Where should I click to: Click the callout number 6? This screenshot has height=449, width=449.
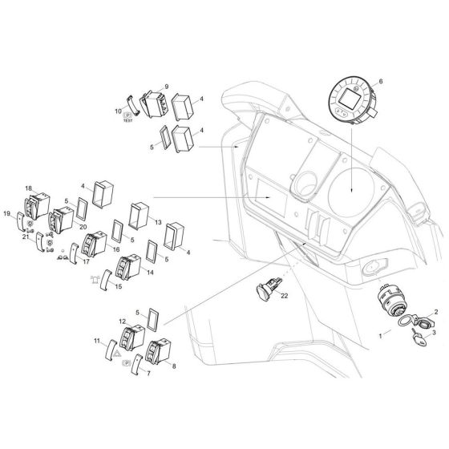(381, 82)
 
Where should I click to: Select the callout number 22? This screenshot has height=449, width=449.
(281, 297)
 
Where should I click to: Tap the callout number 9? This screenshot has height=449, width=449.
(166, 86)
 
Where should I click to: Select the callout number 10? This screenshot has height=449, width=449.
(118, 111)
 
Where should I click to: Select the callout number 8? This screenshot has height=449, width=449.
(175, 366)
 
